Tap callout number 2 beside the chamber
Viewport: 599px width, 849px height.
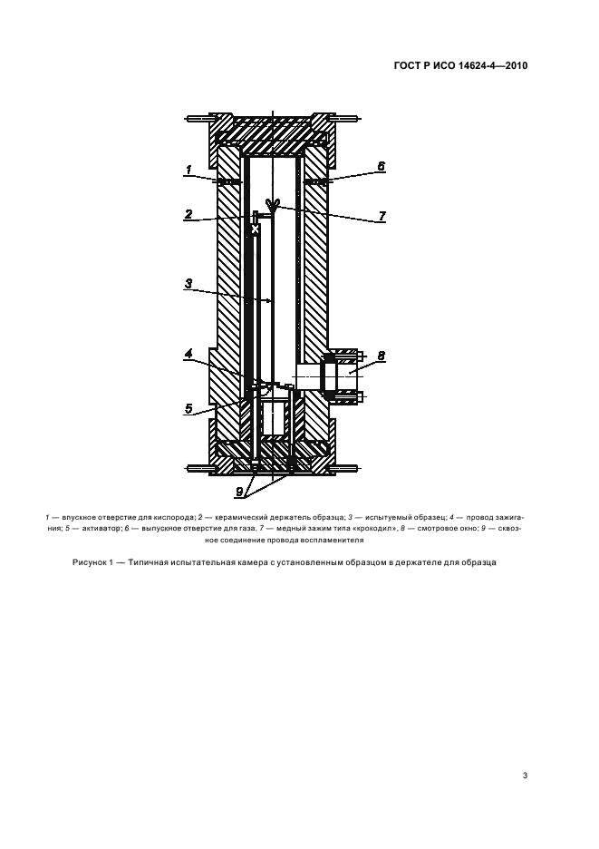[x=188, y=215]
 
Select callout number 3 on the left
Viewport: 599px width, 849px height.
[x=188, y=284]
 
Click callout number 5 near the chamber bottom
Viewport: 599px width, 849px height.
[x=188, y=409]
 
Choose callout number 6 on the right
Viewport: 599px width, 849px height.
[x=381, y=167]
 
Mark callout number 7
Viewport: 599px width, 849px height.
[x=382, y=216]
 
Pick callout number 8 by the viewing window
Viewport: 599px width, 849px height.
[x=382, y=356]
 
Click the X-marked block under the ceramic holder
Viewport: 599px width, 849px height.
[x=255, y=230]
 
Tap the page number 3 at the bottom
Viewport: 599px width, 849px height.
[x=525, y=776]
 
